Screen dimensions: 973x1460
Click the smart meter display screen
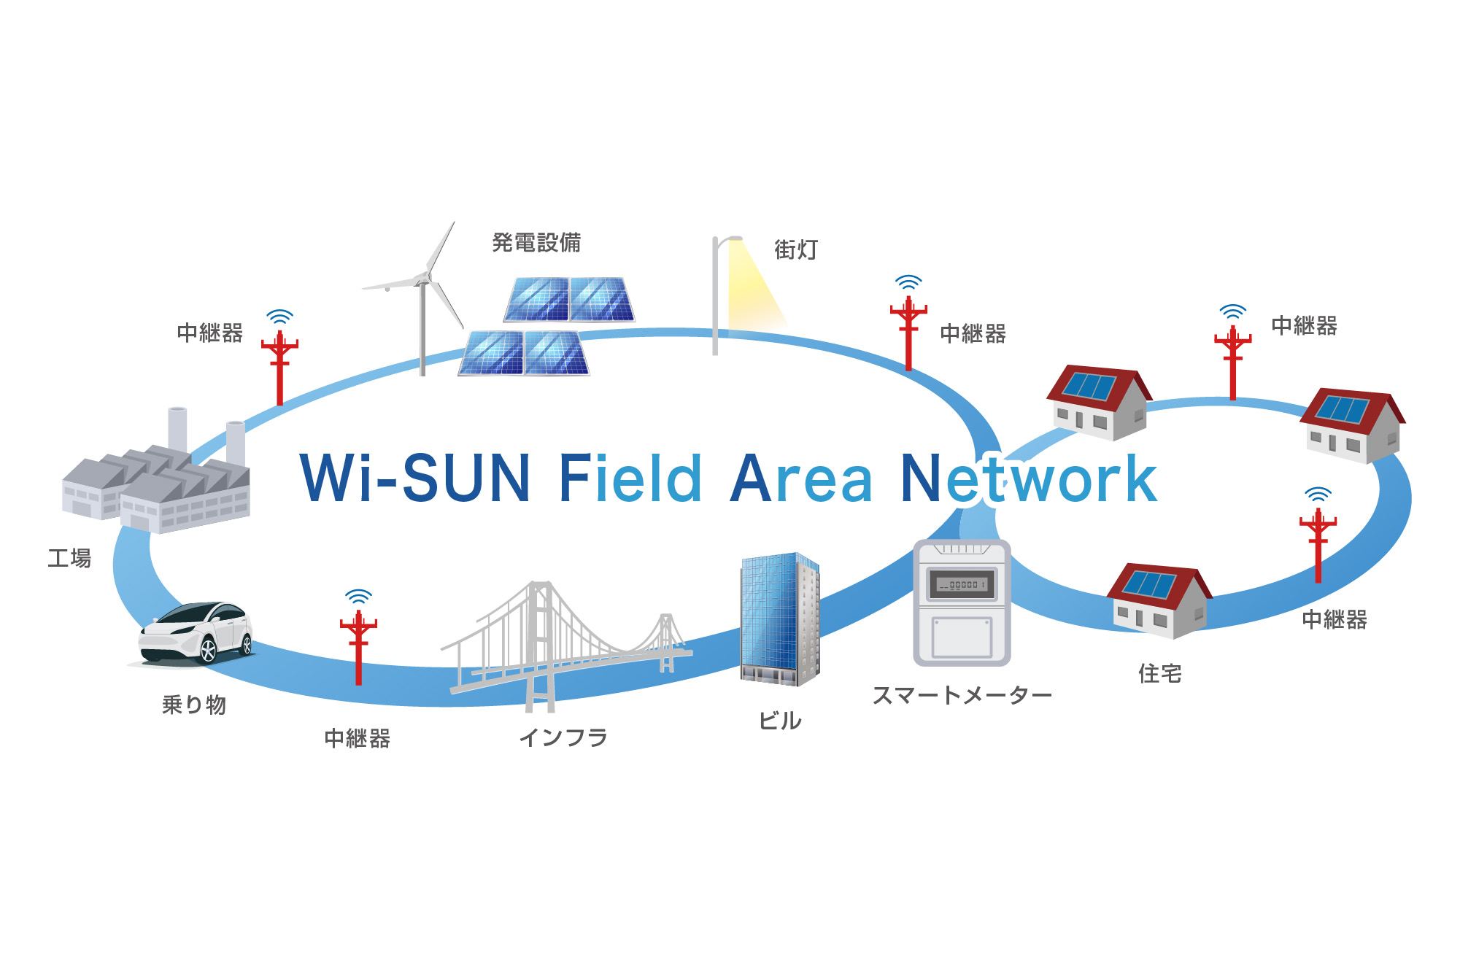pos(962,584)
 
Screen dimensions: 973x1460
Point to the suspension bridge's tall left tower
pos(540,642)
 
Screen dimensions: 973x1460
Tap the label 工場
pos(69,559)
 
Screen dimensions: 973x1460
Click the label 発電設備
pos(536,242)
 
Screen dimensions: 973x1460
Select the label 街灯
pos(796,249)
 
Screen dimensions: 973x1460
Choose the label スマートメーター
pos(962,695)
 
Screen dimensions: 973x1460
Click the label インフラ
pos(563,737)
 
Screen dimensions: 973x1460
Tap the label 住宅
pos(1159,673)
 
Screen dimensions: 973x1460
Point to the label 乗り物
pos(194,705)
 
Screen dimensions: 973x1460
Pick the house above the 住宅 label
pos(1158,600)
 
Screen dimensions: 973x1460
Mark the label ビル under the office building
pos(780,721)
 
